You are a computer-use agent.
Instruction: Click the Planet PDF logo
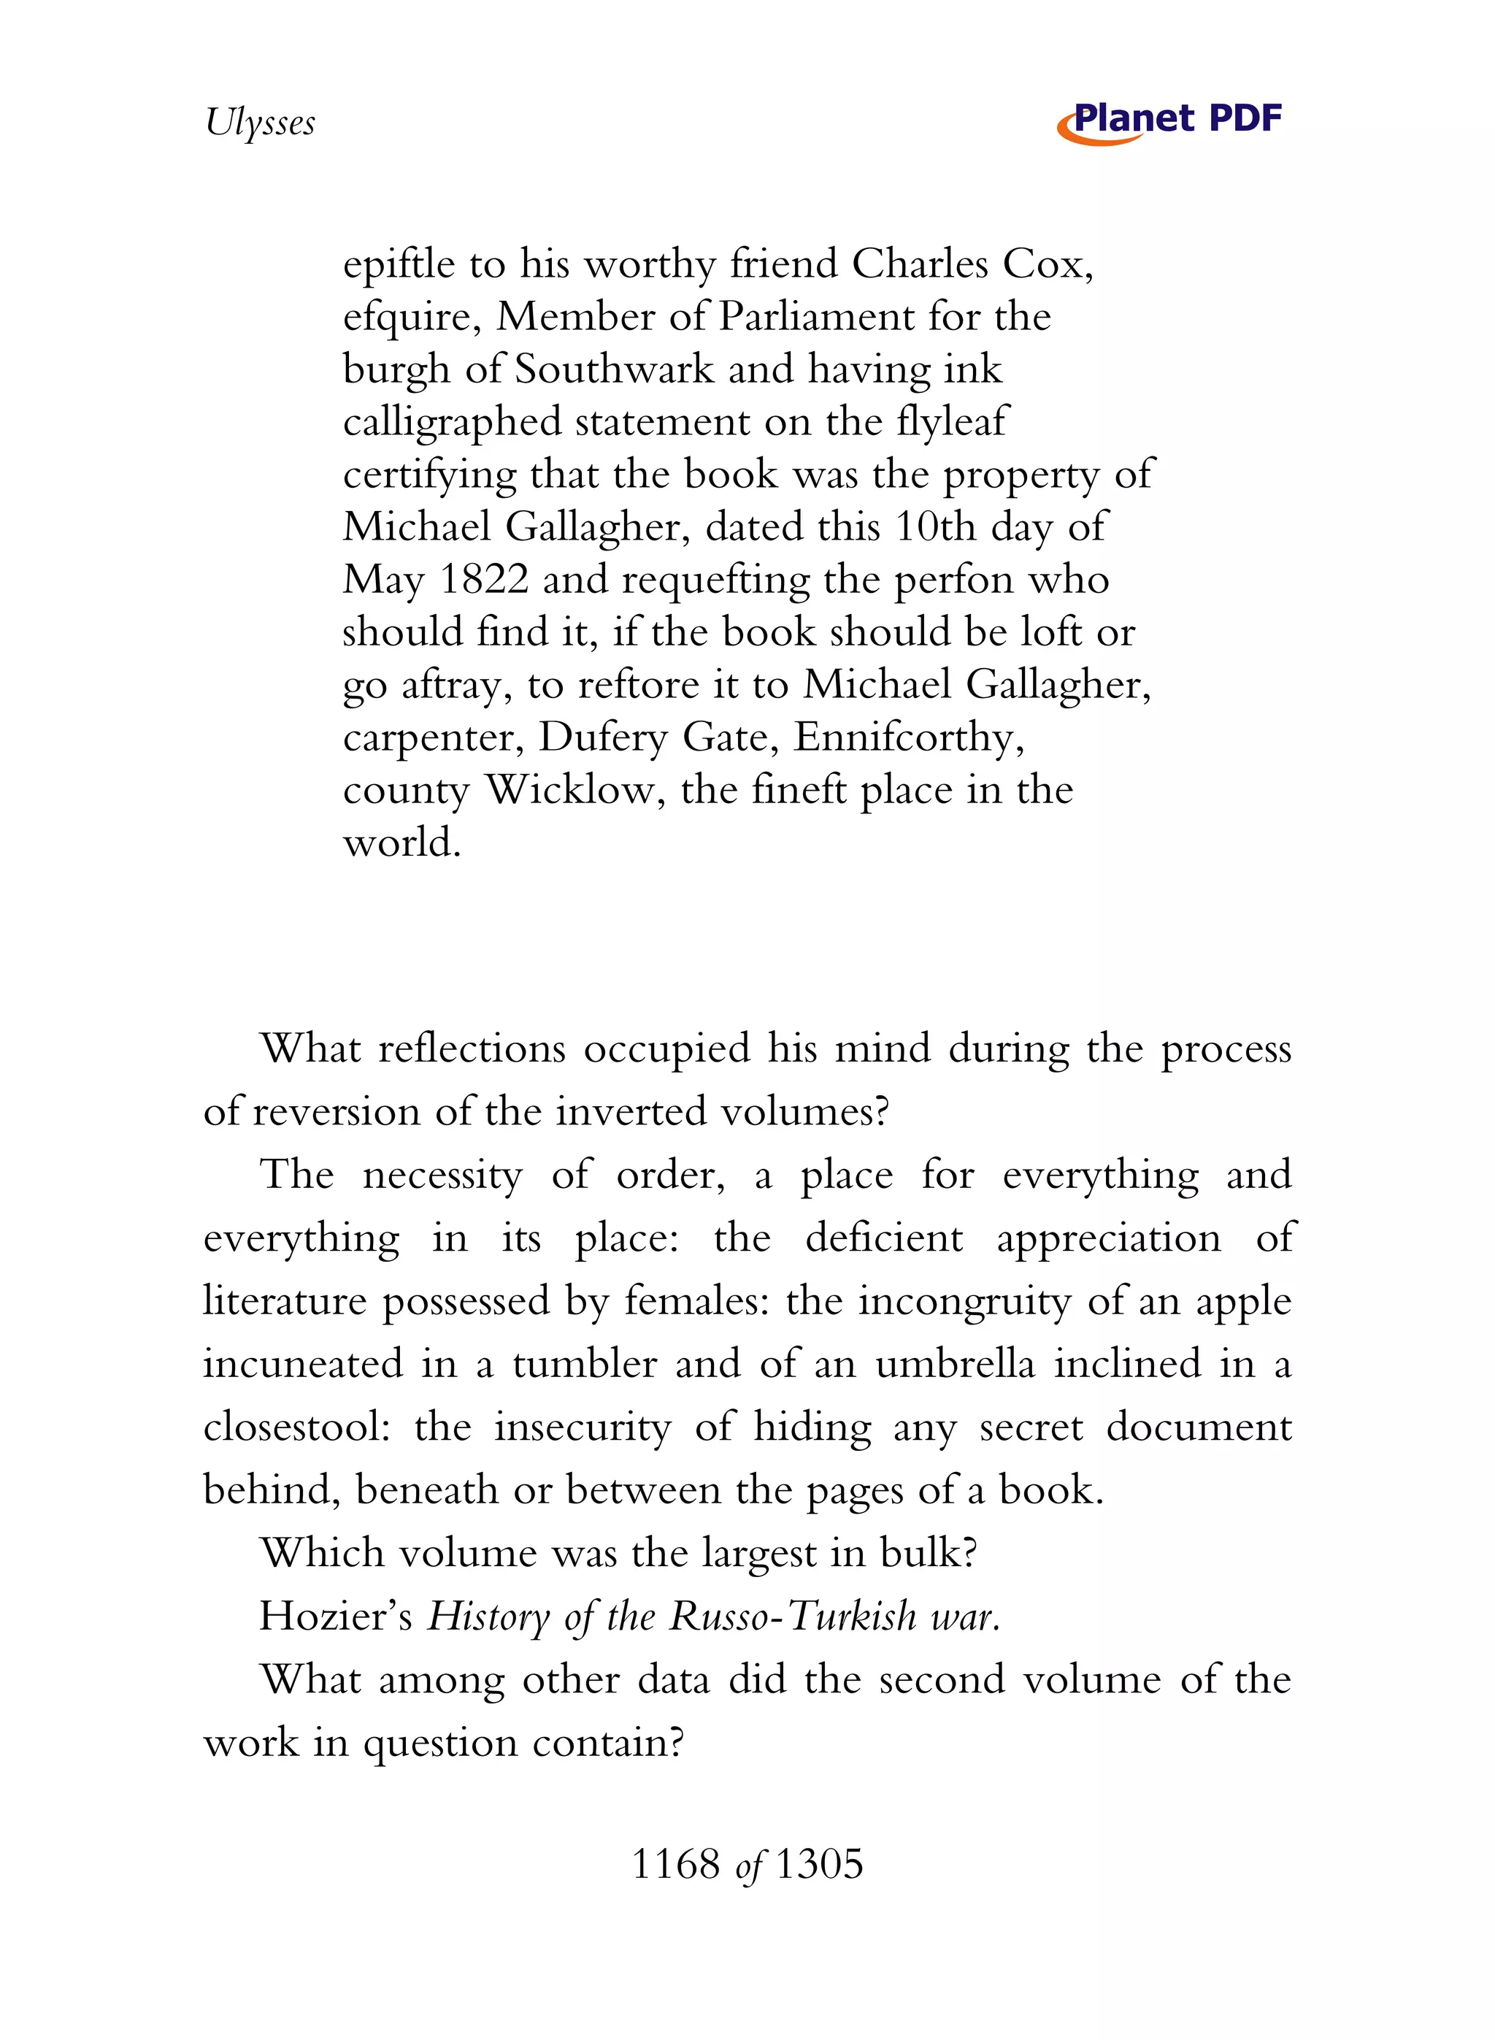pyautogui.click(x=1169, y=121)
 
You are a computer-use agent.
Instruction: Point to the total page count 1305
pyautogui.click(x=819, y=1865)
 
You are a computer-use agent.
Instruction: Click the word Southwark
pyautogui.click(x=615, y=369)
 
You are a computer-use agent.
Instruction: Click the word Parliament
pyautogui.click(x=817, y=317)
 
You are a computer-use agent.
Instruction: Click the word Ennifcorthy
pyautogui.click(x=909, y=737)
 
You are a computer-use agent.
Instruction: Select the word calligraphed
pyautogui.click(x=452, y=423)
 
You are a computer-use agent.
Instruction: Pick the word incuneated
pyautogui.click(x=302, y=1364)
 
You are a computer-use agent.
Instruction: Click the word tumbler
pyautogui.click(x=584, y=1364)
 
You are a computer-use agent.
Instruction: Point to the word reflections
pyautogui.click(x=472, y=1049)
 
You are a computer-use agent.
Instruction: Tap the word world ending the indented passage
pyautogui.click(x=401, y=843)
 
